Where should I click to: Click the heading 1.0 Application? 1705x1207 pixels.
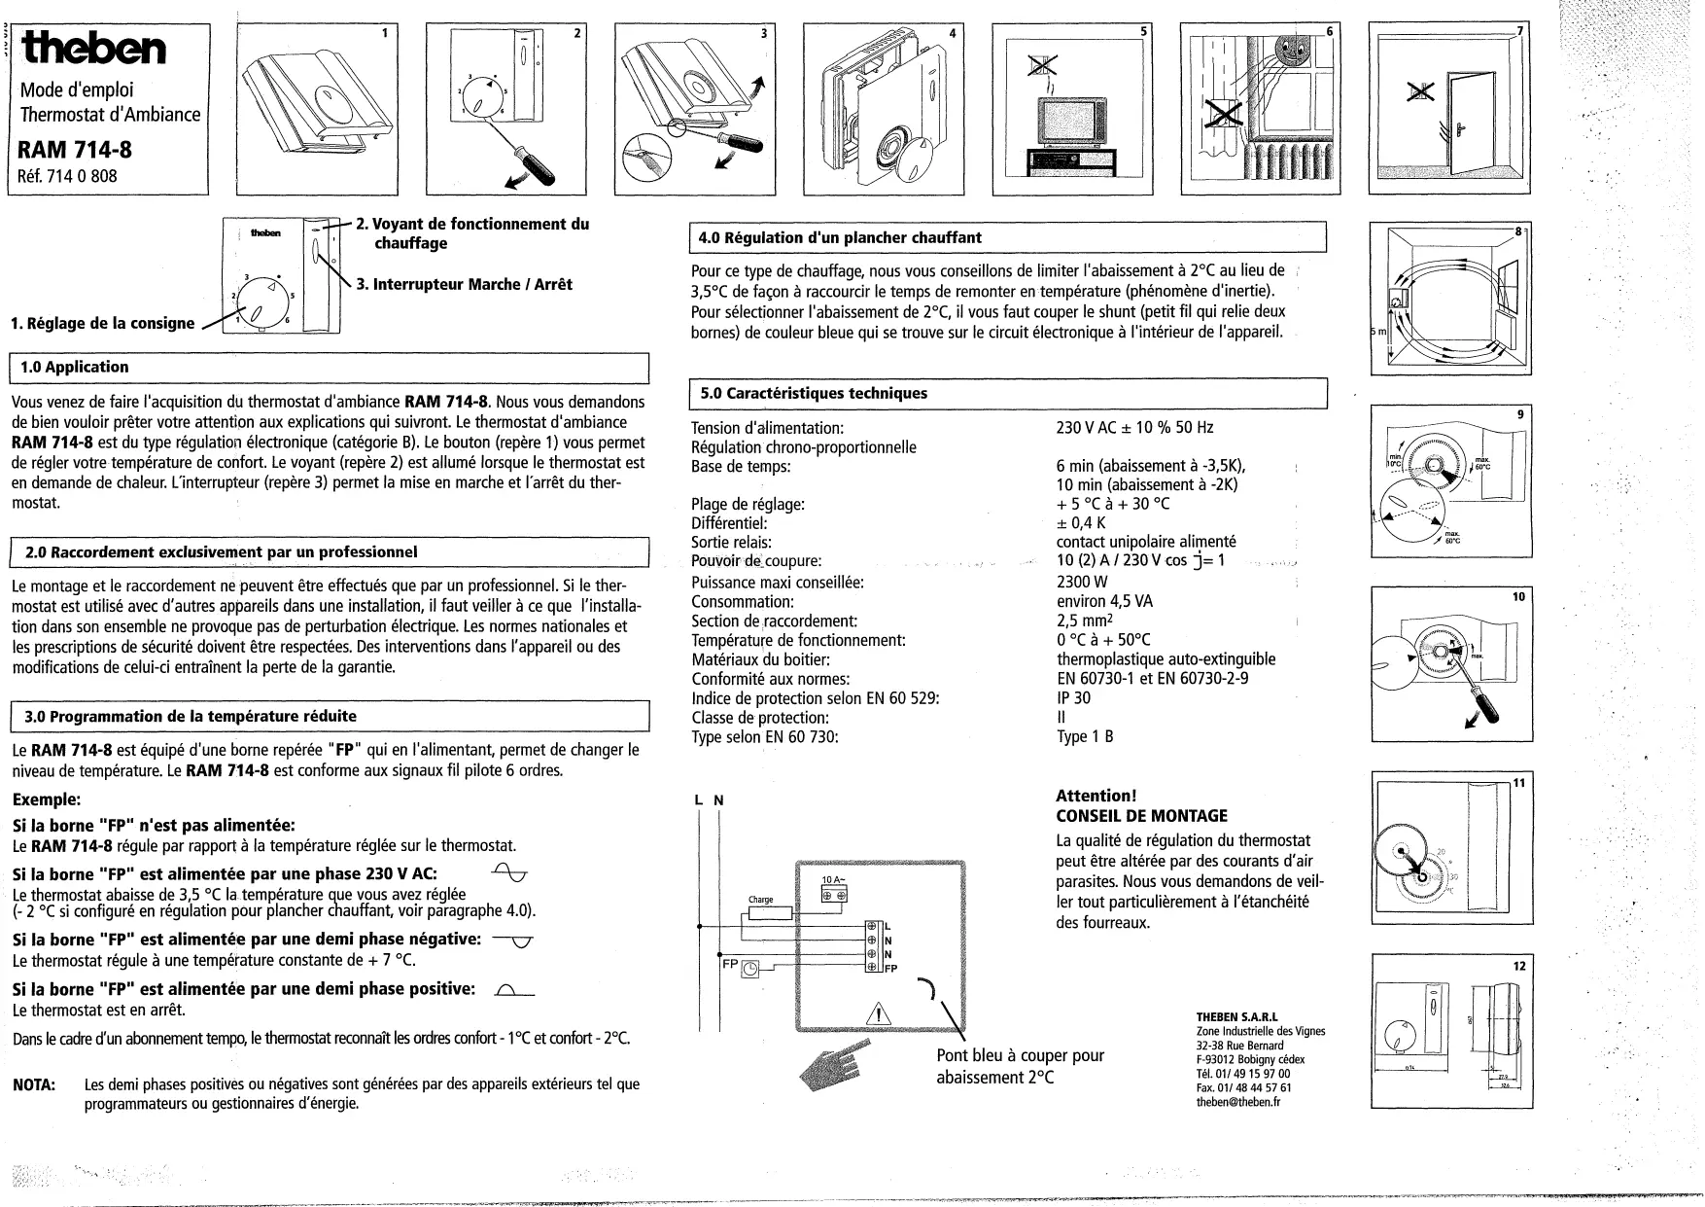click(x=74, y=368)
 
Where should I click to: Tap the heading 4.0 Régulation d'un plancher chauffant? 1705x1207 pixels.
click(x=840, y=238)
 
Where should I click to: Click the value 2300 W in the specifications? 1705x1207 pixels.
click(x=1081, y=583)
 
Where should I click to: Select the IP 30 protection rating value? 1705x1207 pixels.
click(x=1073, y=698)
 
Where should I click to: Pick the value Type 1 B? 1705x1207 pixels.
click(x=1085, y=737)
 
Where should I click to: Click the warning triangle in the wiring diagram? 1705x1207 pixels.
click(x=880, y=1014)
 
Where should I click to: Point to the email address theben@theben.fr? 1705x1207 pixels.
click(x=1237, y=1102)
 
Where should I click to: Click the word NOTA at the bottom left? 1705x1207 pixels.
click(x=33, y=1084)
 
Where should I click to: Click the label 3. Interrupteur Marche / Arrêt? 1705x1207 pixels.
click(x=464, y=284)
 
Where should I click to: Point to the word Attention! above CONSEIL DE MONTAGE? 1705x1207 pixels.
click(x=1096, y=796)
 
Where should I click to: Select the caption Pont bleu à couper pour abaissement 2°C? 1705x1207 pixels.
click(x=1020, y=1067)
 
